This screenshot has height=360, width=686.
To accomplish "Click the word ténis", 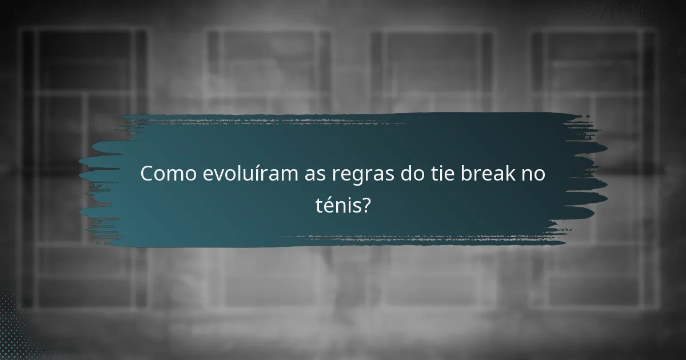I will [x=337, y=204].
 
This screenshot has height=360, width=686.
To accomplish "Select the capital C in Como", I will [x=147, y=174].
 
